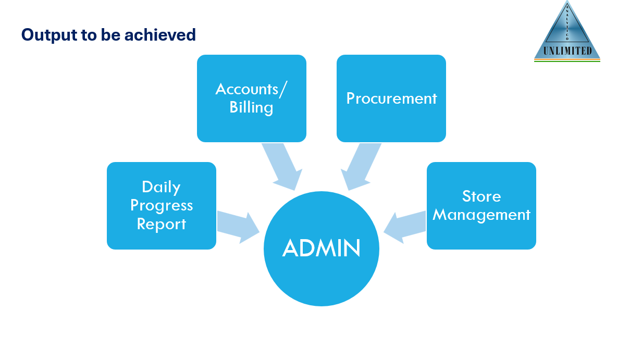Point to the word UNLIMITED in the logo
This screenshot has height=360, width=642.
click(x=567, y=51)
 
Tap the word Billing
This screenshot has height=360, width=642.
click(x=251, y=107)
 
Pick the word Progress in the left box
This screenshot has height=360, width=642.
click(x=161, y=205)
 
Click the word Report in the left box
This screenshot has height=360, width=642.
click(x=161, y=224)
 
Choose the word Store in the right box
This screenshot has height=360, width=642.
click(x=481, y=196)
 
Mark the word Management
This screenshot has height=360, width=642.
click(x=481, y=215)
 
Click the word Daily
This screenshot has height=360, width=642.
click(x=161, y=187)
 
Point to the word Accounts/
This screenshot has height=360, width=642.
click(x=251, y=89)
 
